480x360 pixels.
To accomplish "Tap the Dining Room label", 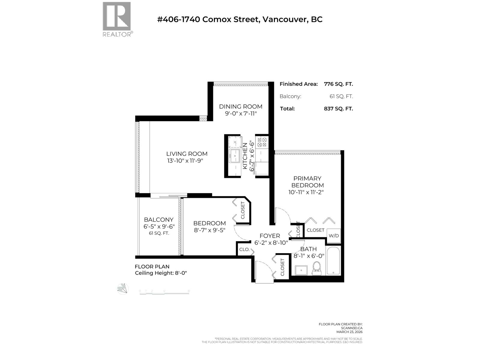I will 241,106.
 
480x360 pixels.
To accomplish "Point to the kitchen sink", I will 234,156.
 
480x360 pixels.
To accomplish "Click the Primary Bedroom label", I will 307,182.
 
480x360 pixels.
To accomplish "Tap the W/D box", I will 334,236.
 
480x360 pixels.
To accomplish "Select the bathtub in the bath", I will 333,261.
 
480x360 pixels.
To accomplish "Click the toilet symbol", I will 317,268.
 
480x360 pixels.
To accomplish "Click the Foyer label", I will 270,236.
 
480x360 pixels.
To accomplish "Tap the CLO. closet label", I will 244,250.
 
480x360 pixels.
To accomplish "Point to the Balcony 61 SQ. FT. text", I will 159,233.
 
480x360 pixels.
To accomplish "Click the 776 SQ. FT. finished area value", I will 338,84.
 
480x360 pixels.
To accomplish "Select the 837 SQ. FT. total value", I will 338,109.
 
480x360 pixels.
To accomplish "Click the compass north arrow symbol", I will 123,289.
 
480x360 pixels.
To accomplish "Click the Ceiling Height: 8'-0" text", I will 161,273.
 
